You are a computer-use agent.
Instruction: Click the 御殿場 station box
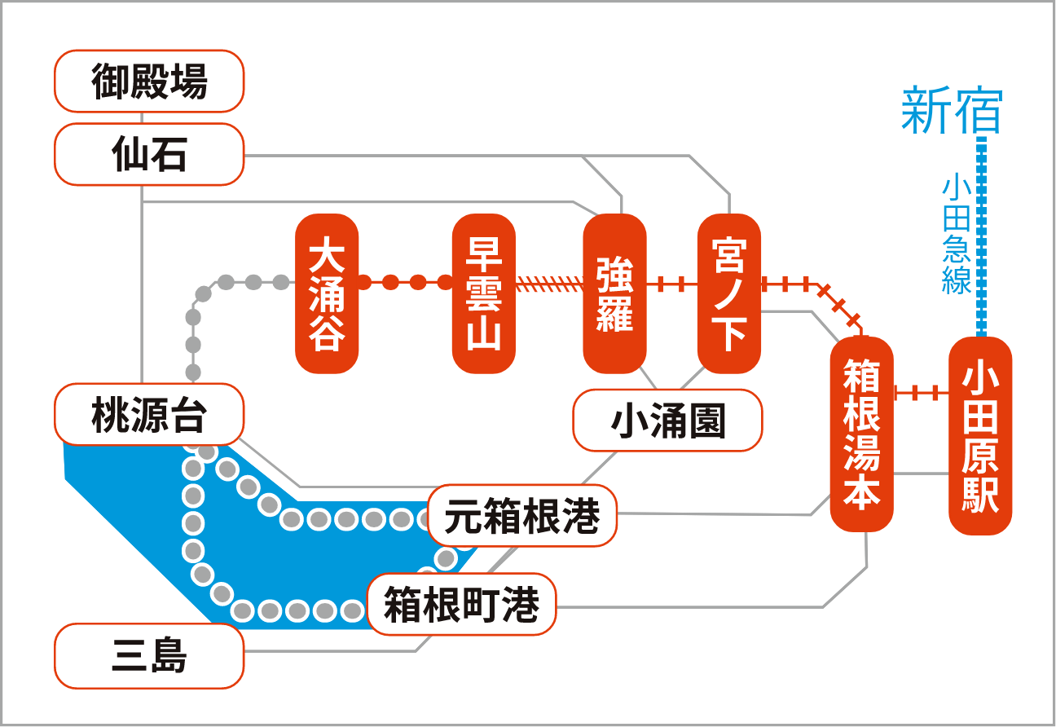149,81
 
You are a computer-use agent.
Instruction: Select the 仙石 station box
149,154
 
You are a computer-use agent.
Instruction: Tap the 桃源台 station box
149,414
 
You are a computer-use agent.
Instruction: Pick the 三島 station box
149,656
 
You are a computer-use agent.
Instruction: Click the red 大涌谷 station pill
327,293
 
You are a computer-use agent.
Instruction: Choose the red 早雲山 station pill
484,293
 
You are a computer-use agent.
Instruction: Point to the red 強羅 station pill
614,293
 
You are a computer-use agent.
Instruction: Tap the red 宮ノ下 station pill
729,293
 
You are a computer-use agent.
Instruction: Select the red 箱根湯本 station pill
862,434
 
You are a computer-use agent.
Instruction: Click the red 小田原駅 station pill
980,436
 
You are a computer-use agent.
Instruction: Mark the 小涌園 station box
667,420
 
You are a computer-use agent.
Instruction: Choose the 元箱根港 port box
522,515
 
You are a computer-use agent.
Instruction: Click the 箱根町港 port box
461,604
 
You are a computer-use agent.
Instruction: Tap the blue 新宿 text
952,110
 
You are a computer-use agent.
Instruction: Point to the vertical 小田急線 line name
957,234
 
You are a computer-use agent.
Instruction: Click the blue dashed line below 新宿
982,236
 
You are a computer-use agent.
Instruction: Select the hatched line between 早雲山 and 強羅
550,284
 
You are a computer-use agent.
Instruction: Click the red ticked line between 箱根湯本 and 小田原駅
922,392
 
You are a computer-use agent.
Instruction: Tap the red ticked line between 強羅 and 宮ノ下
672,284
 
